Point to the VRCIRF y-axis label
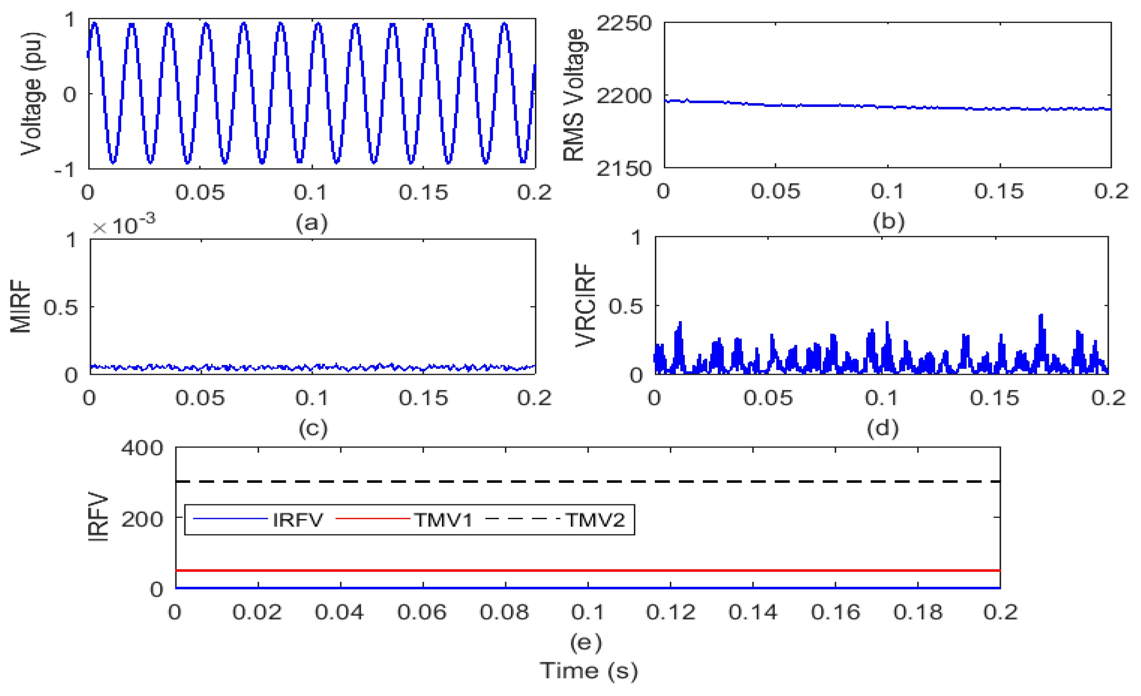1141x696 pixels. click(585, 305)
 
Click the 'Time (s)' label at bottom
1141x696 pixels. click(588, 671)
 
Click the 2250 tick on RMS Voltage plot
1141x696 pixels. click(623, 23)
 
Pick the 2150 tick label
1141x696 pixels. click(623, 168)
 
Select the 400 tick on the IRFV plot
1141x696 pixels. click(142, 448)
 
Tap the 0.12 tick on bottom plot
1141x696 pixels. click(671, 613)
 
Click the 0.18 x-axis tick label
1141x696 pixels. click(918, 613)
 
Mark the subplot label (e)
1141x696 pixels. click(586, 642)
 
